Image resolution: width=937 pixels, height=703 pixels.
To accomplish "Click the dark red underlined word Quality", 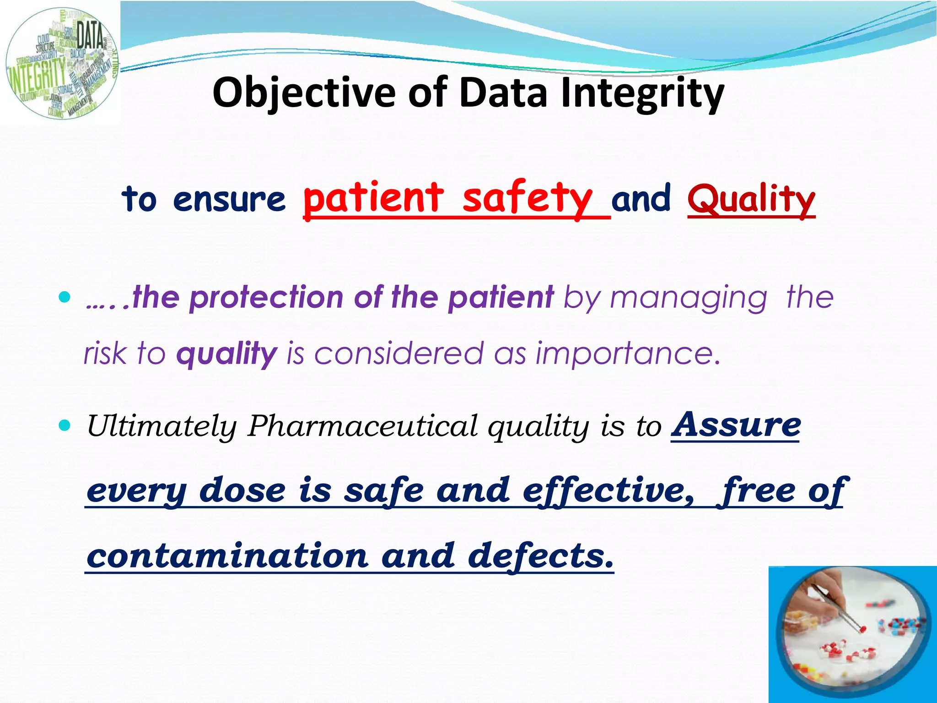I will [751, 199].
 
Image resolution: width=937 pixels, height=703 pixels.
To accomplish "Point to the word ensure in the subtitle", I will [229, 200].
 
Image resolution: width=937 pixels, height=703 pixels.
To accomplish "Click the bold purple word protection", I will [266, 297].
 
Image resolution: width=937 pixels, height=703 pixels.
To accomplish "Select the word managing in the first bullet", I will [689, 298].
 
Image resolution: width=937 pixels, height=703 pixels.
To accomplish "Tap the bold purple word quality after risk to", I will [226, 354].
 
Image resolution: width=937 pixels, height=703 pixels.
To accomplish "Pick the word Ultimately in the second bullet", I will [162, 426].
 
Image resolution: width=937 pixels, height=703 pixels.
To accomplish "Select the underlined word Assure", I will [736, 425].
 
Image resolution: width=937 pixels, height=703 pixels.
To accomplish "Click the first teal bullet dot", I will [65, 298].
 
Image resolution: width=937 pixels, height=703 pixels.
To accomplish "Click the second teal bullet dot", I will [65, 426].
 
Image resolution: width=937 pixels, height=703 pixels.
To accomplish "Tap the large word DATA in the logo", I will [90, 35].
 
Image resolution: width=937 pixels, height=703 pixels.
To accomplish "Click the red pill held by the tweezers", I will [862, 629].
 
